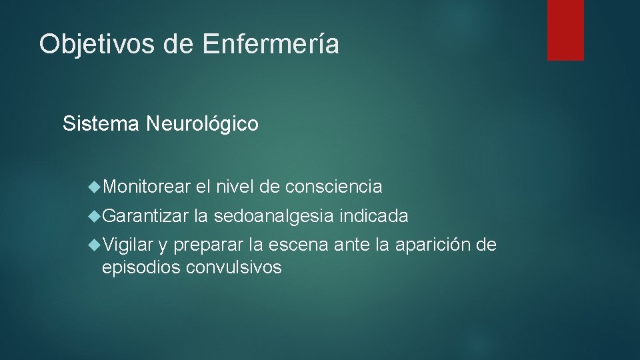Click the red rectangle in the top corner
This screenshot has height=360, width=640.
click(x=565, y=30)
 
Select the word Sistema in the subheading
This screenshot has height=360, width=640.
click(x=101, y=124)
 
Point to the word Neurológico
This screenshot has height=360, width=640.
click(x=201, y=124)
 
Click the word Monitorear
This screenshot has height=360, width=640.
click(x=147, y=187)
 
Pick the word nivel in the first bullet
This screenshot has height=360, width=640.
click(x=237, y=187)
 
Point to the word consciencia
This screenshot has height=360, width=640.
click(x=333, y=187)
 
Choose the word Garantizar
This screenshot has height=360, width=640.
click(x=147, y=216)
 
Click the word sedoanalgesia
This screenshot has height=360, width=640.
click(x=276, y=217)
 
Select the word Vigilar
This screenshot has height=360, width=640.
click(x=129, y=245)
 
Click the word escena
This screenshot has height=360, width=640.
click(x=299, y=245)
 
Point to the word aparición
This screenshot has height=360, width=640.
click(x=432, y=246)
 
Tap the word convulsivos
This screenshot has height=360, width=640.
click(x=234, y=268)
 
